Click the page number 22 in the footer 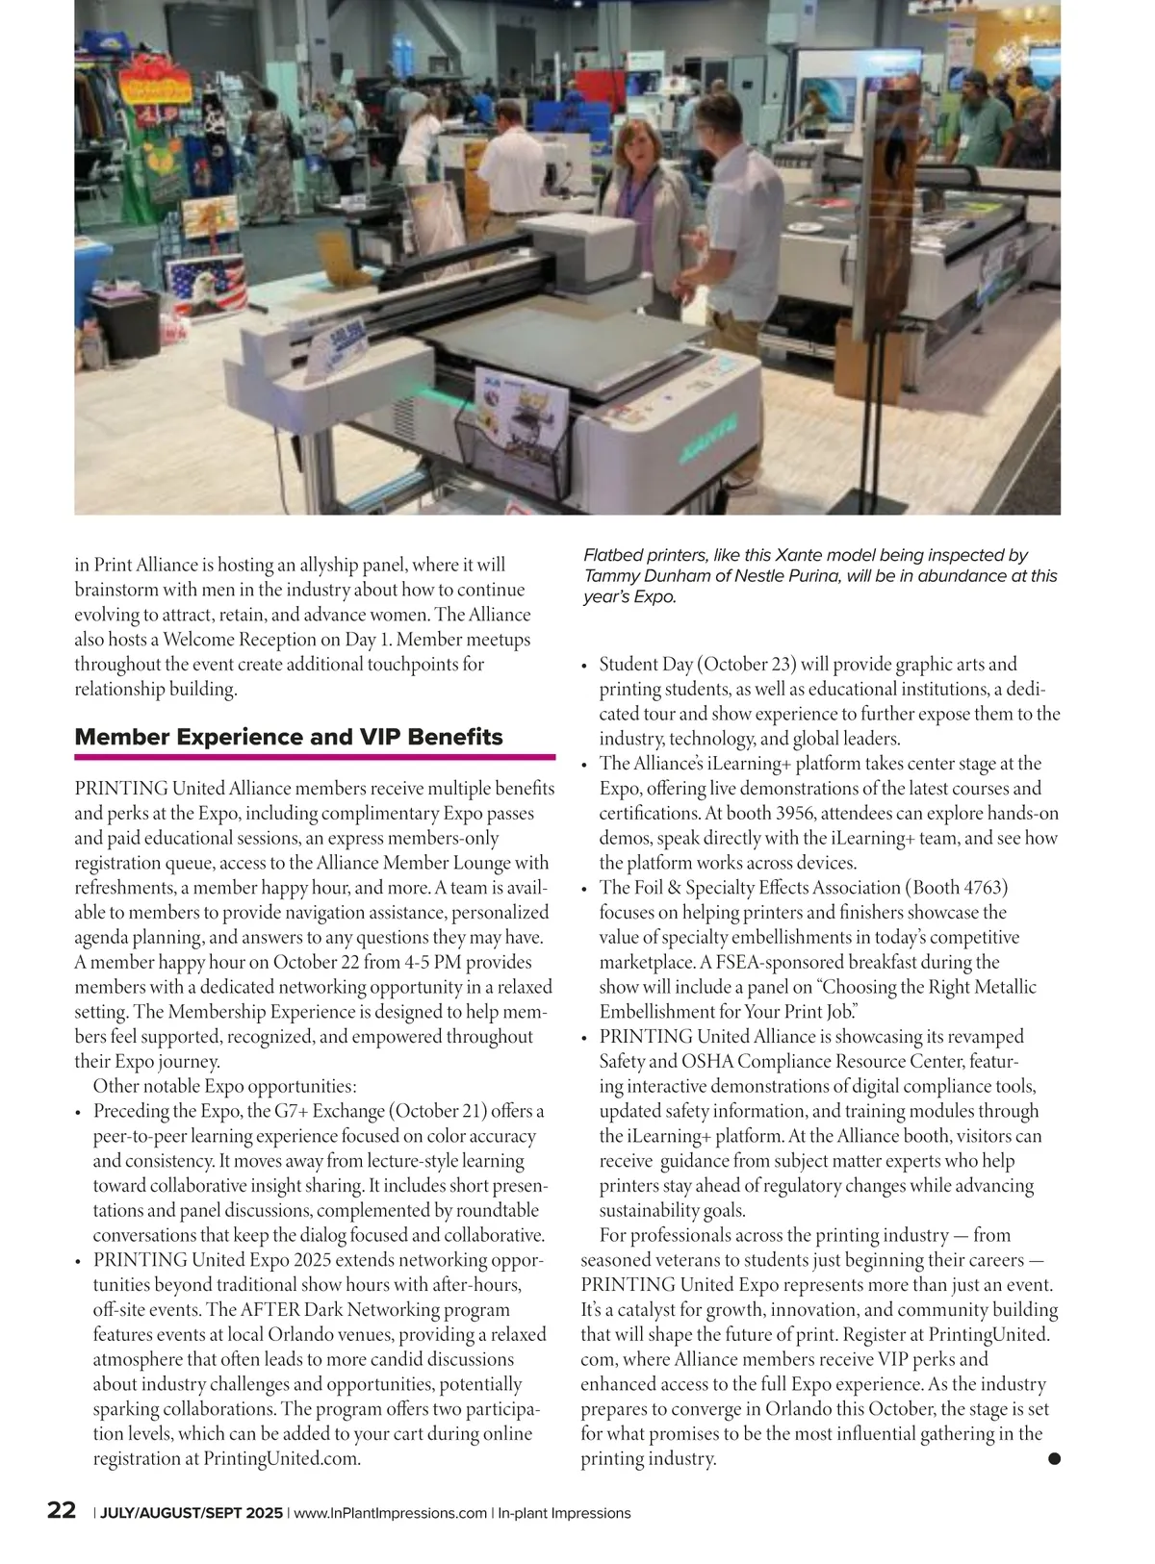[x=62, y=1510]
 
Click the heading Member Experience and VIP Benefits [x=289, y=737]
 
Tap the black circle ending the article [x=1053, y=1459]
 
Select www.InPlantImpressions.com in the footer [x=390, y=1513]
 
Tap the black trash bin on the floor [x=126, y=323]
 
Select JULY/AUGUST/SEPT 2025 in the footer [x=192, y=1513]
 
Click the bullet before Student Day [x=585, y=666]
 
